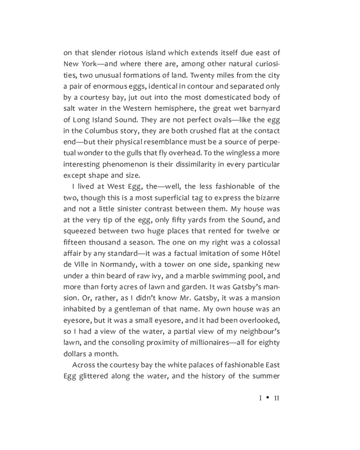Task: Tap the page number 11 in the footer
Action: coord(277,398)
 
